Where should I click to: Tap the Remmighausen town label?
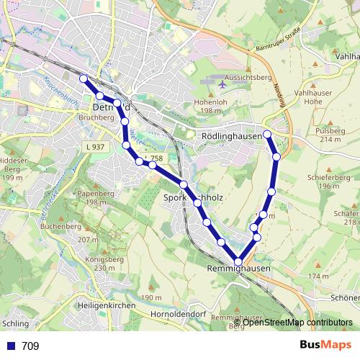pyautogui.click(x=238, y=269)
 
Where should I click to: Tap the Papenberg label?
pyautogui.click(x=98, y=194)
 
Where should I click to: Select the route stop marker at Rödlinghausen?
pyautogui.click(x=267, y=134)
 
